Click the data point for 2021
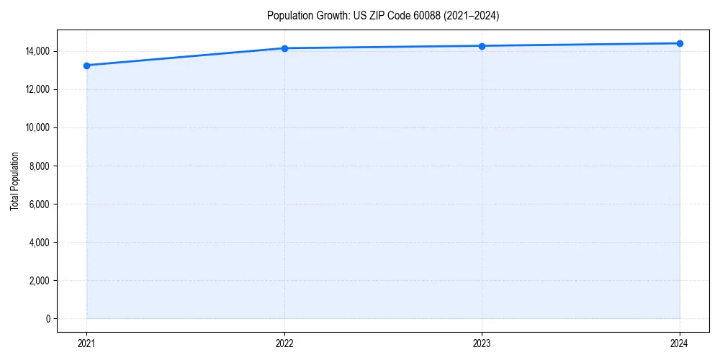(x=86, y=66)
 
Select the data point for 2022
(x=284, y=48)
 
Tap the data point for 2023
(x=482, y=46)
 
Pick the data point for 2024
(x=680, y=43)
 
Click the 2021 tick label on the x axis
(x=86, y=343)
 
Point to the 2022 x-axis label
(x=284, y=343)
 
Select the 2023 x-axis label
(x=482, y=343)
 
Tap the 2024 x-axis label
(x=680, y=343)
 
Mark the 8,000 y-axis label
(x=40, y=166)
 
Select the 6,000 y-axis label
(x=40, y=204)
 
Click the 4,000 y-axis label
(x=40, y=243)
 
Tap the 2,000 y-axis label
(x=40, y=281)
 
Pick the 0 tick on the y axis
(x=48, y=319)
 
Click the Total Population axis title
(x=14, y=181)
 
